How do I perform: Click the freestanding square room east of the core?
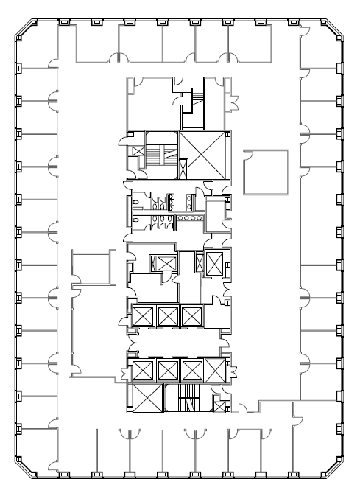266,172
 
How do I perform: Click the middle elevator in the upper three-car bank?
167,317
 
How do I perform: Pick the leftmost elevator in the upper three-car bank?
142,317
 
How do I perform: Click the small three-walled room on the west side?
89,267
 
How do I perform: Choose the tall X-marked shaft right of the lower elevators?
216,369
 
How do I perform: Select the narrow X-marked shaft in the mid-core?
215,263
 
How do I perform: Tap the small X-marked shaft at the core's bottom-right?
219,403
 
